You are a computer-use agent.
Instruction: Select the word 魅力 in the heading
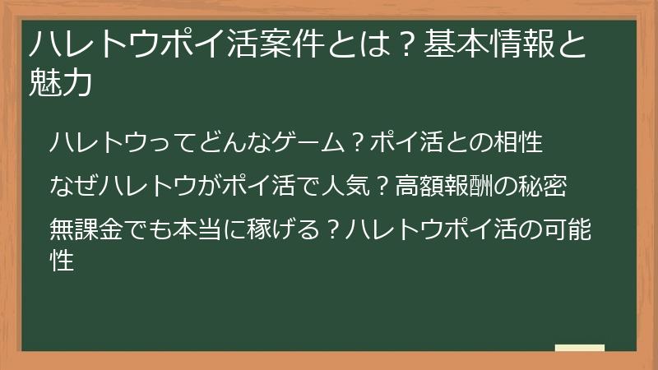click(59, 84)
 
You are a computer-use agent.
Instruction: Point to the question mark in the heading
click(401, 44)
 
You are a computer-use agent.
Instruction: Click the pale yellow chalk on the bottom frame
click(579, 349)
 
